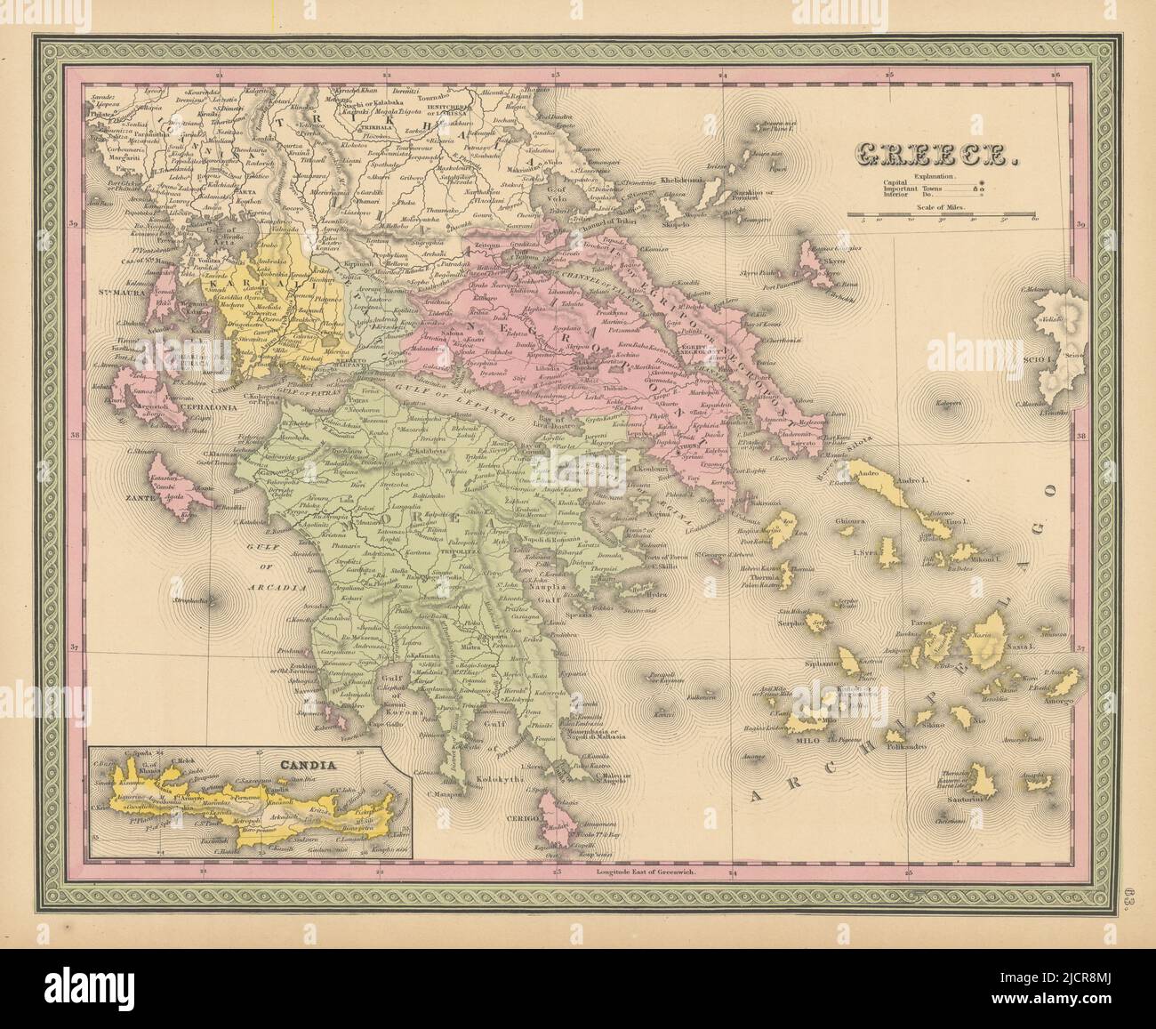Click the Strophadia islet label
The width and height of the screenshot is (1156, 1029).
[199, 602]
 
